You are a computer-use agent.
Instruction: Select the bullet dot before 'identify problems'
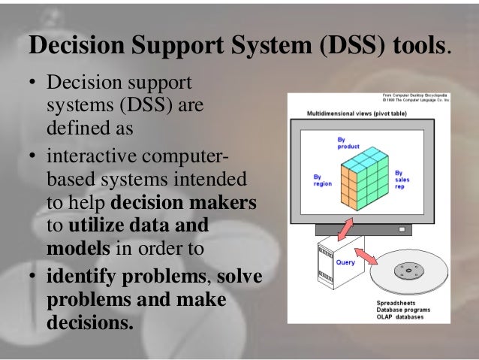35,277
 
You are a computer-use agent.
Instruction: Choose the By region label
322,180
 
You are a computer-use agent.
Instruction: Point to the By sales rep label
402,180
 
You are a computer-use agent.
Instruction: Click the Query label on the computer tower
345,262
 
